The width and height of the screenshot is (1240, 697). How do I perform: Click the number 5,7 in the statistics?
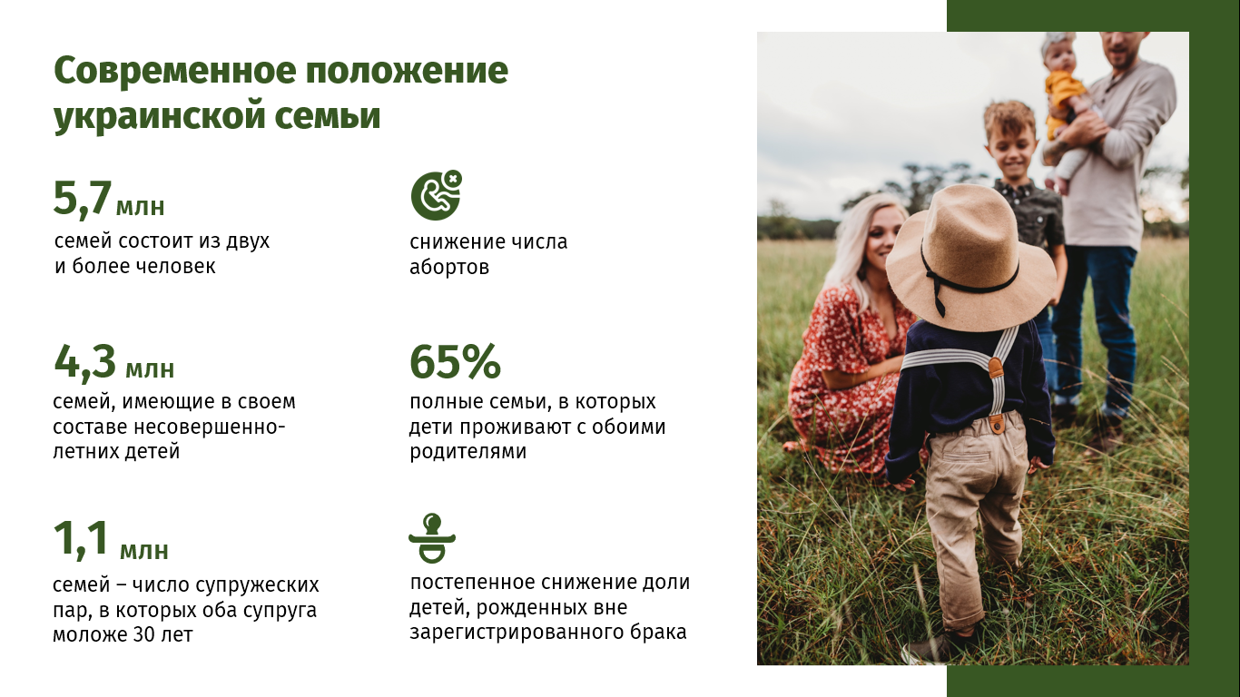point(82,198)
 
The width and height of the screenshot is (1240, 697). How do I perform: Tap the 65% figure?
point(455,362)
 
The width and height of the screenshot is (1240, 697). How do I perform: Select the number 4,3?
point(84,362)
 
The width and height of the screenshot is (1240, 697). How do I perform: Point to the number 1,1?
point(81,538)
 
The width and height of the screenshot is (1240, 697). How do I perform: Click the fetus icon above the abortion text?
point(437,195)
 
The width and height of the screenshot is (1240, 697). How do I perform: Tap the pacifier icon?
point(432,538)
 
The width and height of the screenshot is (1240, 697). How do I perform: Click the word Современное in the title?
point(175,71)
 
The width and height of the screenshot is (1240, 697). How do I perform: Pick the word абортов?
point(449,268)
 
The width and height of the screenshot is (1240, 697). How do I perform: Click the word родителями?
point(467,452)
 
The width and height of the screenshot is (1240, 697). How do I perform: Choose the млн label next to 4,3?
point(150,369)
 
